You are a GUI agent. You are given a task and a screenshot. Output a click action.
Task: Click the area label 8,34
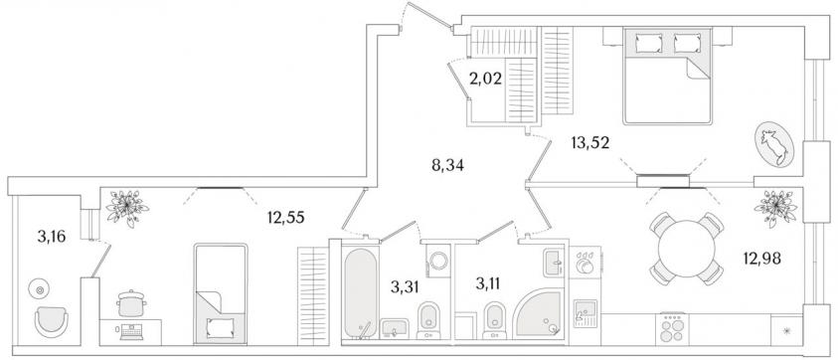448,166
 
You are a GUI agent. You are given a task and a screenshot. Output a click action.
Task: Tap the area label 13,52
590,142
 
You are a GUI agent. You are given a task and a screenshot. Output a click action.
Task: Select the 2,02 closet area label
485,80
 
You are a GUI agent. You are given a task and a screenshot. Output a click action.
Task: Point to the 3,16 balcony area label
52,236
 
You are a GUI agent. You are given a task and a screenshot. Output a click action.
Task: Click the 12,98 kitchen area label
762,259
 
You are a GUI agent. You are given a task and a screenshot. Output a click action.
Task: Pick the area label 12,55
285,217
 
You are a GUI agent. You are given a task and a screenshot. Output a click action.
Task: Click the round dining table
686,249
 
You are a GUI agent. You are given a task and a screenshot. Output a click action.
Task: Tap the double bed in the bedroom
667,76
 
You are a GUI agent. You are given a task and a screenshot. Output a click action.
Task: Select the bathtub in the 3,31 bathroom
361,292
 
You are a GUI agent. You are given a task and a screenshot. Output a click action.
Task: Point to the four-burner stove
672,328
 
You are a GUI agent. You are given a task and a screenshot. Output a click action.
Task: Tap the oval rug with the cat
774,144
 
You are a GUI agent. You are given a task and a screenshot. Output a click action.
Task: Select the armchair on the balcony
52,322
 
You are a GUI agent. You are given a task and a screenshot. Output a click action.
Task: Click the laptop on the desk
131,331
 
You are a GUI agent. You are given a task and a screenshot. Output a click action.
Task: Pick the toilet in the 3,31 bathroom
428,320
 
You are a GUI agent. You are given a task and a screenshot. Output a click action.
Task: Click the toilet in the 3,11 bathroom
493,320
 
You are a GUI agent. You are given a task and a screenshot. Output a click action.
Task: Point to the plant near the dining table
775,207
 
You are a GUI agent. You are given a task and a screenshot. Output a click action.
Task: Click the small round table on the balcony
39,289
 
